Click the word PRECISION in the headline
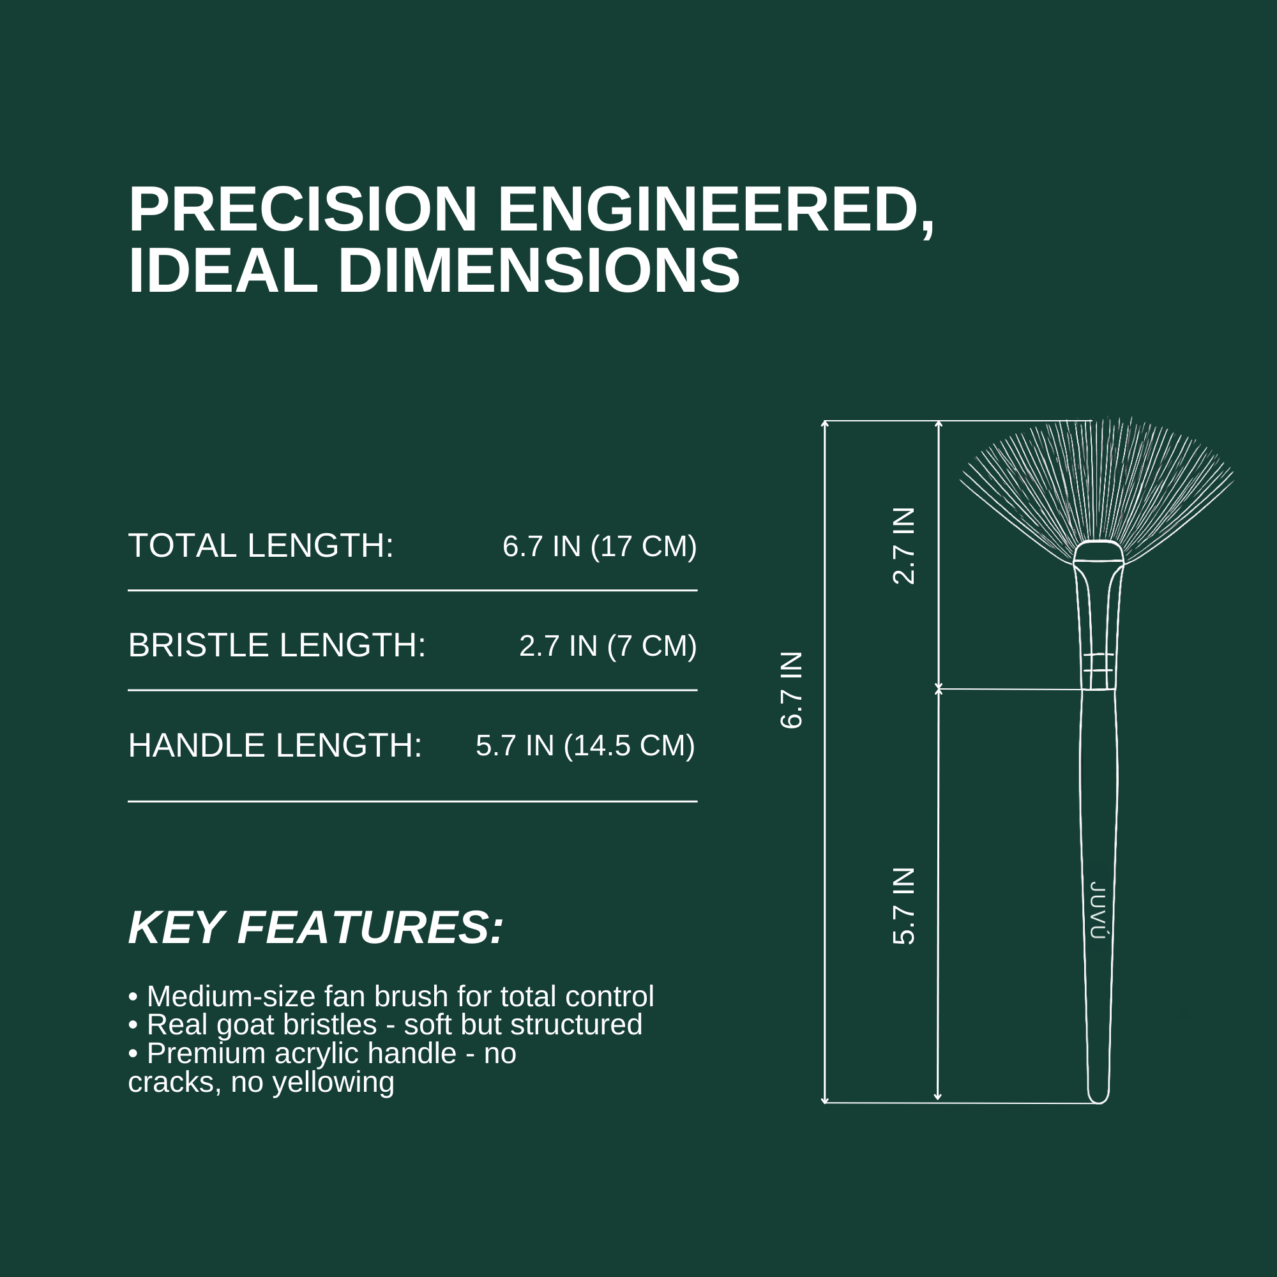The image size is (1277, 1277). pyautogui.click(x=303, y=209)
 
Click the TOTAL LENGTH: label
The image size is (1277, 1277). pyautogui.click(x=261, y=546)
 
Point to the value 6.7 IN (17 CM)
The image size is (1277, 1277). pyautogui.click(x=600, y=547)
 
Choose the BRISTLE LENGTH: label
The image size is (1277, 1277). pyautogui.click(x=277, y=646)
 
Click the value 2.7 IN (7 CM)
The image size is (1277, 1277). pyautogui.click(x=608, y=646)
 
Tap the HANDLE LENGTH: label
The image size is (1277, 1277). pyautogui.click(x=275, y=746)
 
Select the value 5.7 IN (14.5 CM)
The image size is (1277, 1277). pyautogui.click(x=586, y=746)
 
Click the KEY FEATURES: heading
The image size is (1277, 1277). pyautogui.click(x=316, y=928)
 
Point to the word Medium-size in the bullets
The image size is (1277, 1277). pyautogui.click(x=230, y=997)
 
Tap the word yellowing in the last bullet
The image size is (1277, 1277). pyautogui.click(x=333, y=1083)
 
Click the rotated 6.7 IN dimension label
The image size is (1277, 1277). pyautogui.click(x=791, y=690)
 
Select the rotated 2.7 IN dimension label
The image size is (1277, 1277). pyautogui.click(x=903, y=546)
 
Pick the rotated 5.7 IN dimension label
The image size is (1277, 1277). pyautogui.click(x=903, y=906)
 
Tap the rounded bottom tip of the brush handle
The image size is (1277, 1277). pyautogui.click(x=1098, y=1101)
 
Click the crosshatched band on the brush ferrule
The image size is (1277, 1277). pyautogui.click(x=1098, y=663)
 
